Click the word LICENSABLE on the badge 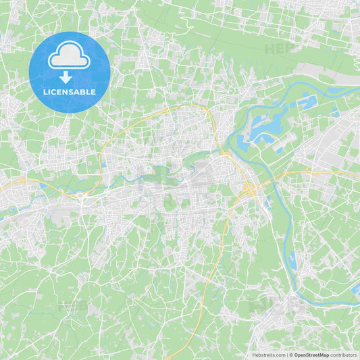[70, 92]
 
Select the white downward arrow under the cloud [66, 77]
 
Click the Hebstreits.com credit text [268, 355]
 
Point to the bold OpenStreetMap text [311, 355]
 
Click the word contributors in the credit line [343, 355]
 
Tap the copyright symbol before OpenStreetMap [290, 355]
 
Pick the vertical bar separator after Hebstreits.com [286, 355]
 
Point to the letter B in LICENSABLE [86, 92]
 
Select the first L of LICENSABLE [45, 92]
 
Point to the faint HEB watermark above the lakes [278, 49]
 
